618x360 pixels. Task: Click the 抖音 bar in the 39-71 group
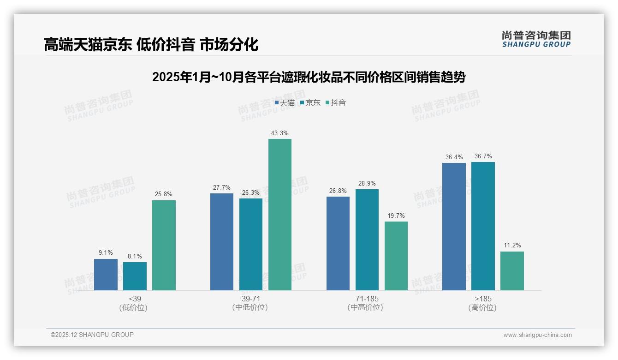280,215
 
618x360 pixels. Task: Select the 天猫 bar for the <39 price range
106,275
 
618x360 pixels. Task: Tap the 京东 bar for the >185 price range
483,226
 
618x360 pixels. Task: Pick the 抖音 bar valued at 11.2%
512,271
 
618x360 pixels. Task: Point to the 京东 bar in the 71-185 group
367,240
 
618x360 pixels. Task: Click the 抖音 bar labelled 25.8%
164,245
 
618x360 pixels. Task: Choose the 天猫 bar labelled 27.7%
222,242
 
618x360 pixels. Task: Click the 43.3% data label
280,133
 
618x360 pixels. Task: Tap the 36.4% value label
454,157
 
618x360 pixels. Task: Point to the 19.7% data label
396,216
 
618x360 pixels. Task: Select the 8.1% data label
135,256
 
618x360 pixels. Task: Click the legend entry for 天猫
285,103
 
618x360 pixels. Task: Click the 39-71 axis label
250,299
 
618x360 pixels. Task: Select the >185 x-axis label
482,299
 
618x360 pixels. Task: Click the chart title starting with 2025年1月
309,77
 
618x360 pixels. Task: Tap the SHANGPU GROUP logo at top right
536,39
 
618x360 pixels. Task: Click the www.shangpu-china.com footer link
537,335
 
